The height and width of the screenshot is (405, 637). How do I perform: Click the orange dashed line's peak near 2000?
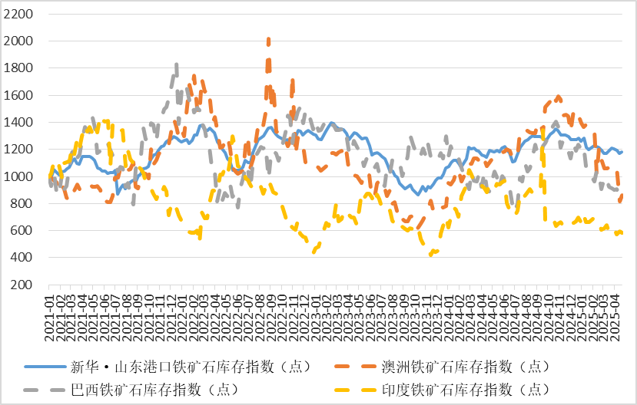tap(268, 40)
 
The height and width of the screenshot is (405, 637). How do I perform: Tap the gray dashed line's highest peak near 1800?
tap(177, 66)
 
